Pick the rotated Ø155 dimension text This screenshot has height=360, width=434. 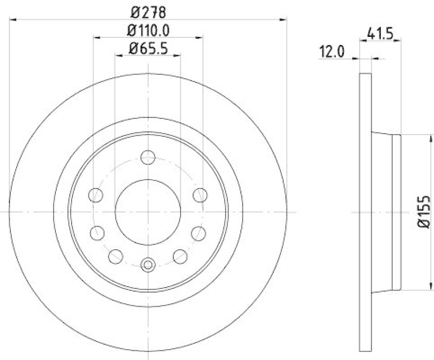pyautogui.click(x=423, y=212)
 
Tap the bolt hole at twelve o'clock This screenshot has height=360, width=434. pyautogui.click(x=148, y=158)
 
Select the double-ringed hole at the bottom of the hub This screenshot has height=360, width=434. pyautogui.click(x=148, y=265)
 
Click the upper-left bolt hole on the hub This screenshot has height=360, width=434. pyautogui.click(x=95, y=194)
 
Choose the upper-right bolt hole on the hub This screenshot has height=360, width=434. pyautogui.click(x=200, y=194)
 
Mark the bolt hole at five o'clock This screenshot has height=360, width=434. pyautogui.click(x=179, y=255)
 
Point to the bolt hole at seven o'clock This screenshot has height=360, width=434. pyautogui.click(x=116, y=255)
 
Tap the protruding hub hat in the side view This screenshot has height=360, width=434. pyautogui.click(x=386, y=212)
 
